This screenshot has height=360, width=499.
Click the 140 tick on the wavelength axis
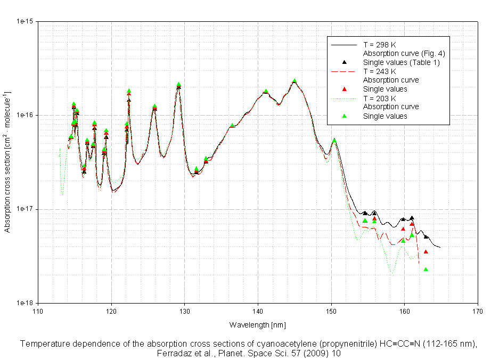click(258, 312)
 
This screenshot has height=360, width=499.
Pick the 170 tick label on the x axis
click(478, 312)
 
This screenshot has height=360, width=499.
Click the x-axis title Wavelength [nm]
click(258, 324)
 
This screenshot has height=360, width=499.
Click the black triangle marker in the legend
click(345, 62)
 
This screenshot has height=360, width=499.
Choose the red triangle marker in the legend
click(345, 89)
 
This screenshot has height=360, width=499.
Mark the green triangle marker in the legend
click(345, 116)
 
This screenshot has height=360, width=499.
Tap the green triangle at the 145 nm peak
click(295, 81)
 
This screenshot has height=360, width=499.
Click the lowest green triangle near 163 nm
click(426, 269)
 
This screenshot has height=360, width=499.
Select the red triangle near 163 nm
click(426, 251)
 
